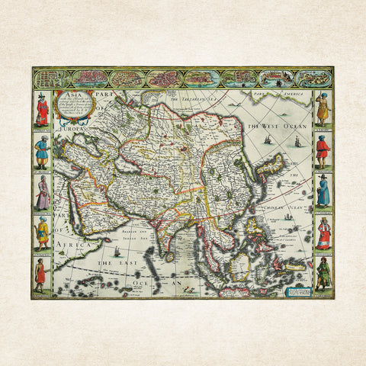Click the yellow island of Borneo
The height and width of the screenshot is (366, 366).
pyautogui.click(x=242, y=265)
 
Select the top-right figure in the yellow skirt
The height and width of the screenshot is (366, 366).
pyautogui.click(x=323, y=111)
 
